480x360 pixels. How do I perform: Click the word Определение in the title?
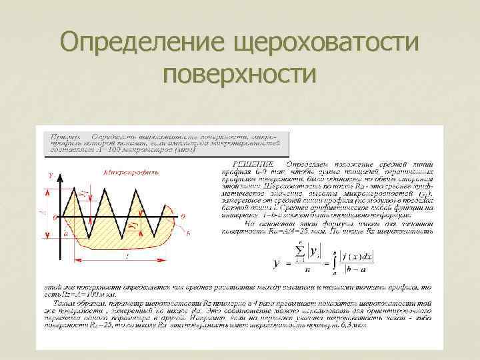(x=141, y=44)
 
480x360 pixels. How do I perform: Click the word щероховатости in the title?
(x=325, y=44)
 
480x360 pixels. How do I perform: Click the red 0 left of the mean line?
(x=55, y=217)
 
